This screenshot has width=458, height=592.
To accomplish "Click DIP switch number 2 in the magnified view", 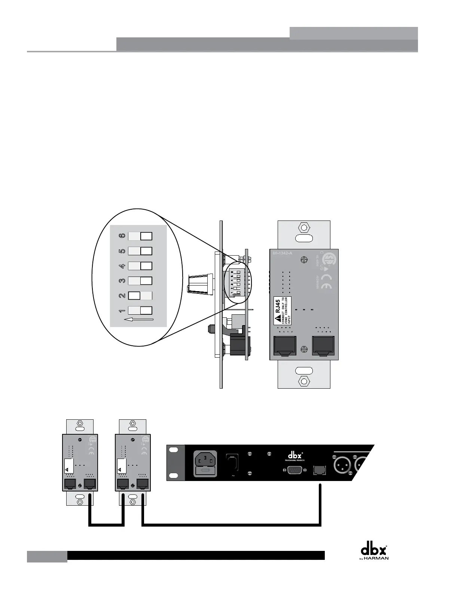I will (140, 296).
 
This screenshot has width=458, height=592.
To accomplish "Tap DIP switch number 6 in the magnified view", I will (140, 236).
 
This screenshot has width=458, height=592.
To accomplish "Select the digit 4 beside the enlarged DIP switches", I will (122, 266).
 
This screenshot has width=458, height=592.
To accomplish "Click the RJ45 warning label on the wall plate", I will (283, 311).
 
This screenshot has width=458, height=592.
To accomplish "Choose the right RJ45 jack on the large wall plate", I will (323, 346).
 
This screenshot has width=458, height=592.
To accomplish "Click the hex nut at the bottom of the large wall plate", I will (304, 382).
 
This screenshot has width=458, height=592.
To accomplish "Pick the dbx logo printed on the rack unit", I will (295, 456).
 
